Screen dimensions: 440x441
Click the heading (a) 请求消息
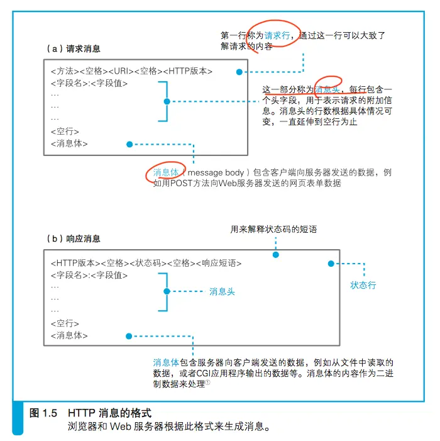pyautogui.click(x=74, y=48)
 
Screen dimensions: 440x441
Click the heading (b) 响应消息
pyautogui.click(x=74, y=239)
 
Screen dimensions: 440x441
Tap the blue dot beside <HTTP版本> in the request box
pyautogui.click(x=239, y=72)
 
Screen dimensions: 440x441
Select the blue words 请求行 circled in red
pyautogui.click(x=277, y=35)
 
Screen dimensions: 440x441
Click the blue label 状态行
pyautogui.click(x=363, y=285)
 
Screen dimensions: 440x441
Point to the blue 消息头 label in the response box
pyautogui.click(x=222, y=292)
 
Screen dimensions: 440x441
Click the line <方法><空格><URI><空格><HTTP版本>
pyautogui.click(x=131, y=71)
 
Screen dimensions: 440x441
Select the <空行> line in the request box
pyautogui.click(x=65, y=131)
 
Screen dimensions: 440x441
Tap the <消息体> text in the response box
pyautogui.click(x=69, y=335)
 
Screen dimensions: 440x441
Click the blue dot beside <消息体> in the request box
pyautogui.click(x=129, y=144)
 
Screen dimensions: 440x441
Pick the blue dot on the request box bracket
pyautogui.click(x=167, y=101)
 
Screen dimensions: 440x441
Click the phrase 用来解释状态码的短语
pyautogui.click(x=273, y=229)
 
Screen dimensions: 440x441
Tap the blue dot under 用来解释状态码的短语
pyautogui.click(x=276, y=255)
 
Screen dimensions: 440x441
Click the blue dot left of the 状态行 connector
pyautogui.click(x=331, y=264)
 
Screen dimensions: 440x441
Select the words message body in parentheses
pyautogui.click(x=216, y=172)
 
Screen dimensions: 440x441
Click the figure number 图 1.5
pyautogui.click(x=43, y=413)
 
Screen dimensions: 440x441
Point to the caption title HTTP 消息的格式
pyautogui.click(x=109, y=413)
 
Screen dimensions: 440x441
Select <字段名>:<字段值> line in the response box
pyautogui.click(x=89, y=275)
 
